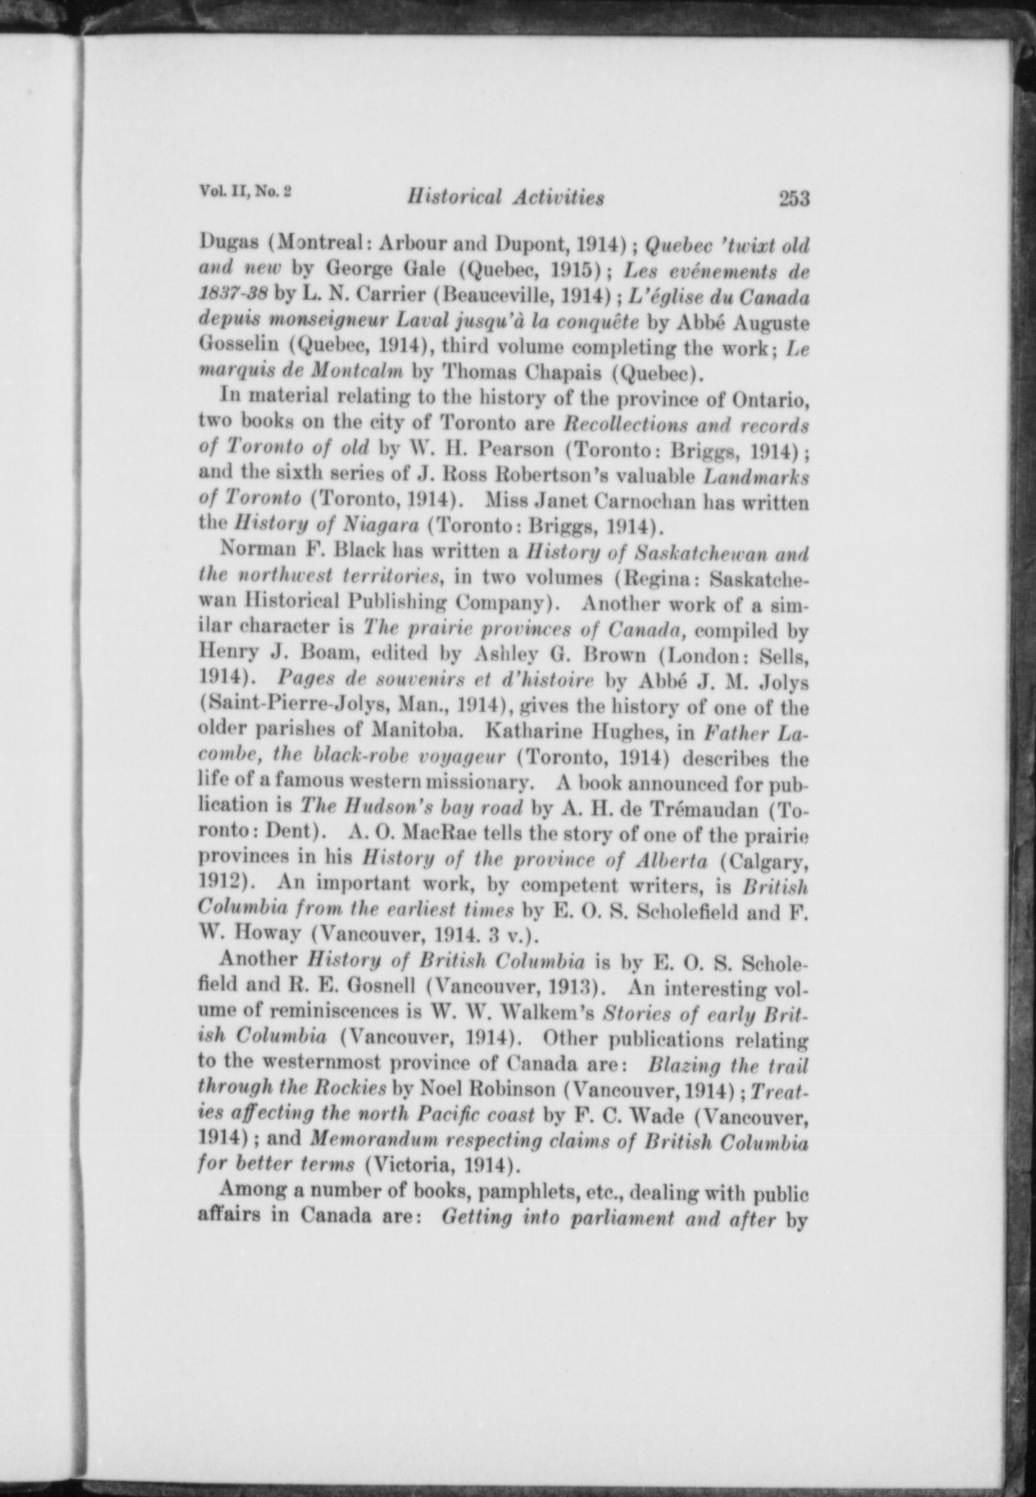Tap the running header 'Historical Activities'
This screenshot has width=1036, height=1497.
505,196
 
